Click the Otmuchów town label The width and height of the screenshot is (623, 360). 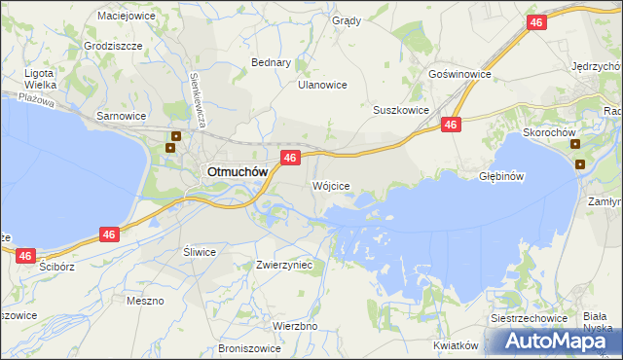pyautogui.click(x=235, y=170)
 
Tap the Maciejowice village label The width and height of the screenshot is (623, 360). pyautogui.click(x=128, y=16)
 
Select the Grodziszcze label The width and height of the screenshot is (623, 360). pyautogui.click(x=114, y=46)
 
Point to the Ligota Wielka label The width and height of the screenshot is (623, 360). pyautogui.click(x=42, y=79)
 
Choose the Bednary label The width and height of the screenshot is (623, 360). pyautogui.click(x=272, y=62)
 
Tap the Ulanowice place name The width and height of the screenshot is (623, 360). pyautogui.click(x=322, y=85)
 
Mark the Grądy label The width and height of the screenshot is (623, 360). pyautogui.click(x=346, y=20)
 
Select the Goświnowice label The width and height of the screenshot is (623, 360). pyautogui.click(x=459, y=74)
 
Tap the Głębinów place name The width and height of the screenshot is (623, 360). pyautogui.click(x=502, y=176)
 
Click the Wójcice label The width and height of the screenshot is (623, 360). pyautogui.click(x=330, y=185)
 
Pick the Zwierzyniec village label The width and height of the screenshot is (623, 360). pyautogui.click(x=283, y=264)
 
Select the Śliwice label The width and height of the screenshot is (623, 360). pyautogui.click(x=200, y=251)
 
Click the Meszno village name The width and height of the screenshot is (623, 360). pyautogui.click(x=145, y=301)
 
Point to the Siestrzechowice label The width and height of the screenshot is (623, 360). pyautogui.click(x=530, y=318)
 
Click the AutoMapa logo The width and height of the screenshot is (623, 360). pyautogui.click(x=563, y=341)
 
